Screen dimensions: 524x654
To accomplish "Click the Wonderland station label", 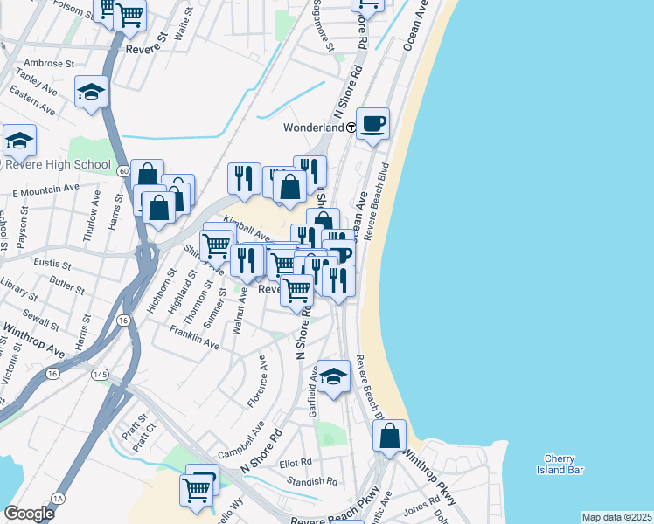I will coord(313,128).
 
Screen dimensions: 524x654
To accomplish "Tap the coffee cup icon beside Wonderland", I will coord(372,123).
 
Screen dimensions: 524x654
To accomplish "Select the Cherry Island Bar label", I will coord(559,465).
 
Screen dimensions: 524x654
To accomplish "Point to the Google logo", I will coord(29,514).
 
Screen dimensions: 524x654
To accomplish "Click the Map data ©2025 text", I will coord(616,517).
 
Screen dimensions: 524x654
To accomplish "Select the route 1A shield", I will coord(58,498).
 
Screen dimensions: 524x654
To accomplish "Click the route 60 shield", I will coord(124,170).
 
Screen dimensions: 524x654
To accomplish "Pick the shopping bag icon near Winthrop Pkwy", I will coord(389,435).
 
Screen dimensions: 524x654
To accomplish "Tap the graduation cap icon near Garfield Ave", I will coord(333,376).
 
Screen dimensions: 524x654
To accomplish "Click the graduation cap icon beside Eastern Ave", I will coord(91,92).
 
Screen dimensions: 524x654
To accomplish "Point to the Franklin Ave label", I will coord(194,338).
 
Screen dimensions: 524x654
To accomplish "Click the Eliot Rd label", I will coord(296,463).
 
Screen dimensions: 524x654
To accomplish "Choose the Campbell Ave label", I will coord(240,442).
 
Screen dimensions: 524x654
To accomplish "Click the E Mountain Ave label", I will coord(45,190).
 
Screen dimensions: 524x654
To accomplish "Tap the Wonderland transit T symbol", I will coord(351,128).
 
